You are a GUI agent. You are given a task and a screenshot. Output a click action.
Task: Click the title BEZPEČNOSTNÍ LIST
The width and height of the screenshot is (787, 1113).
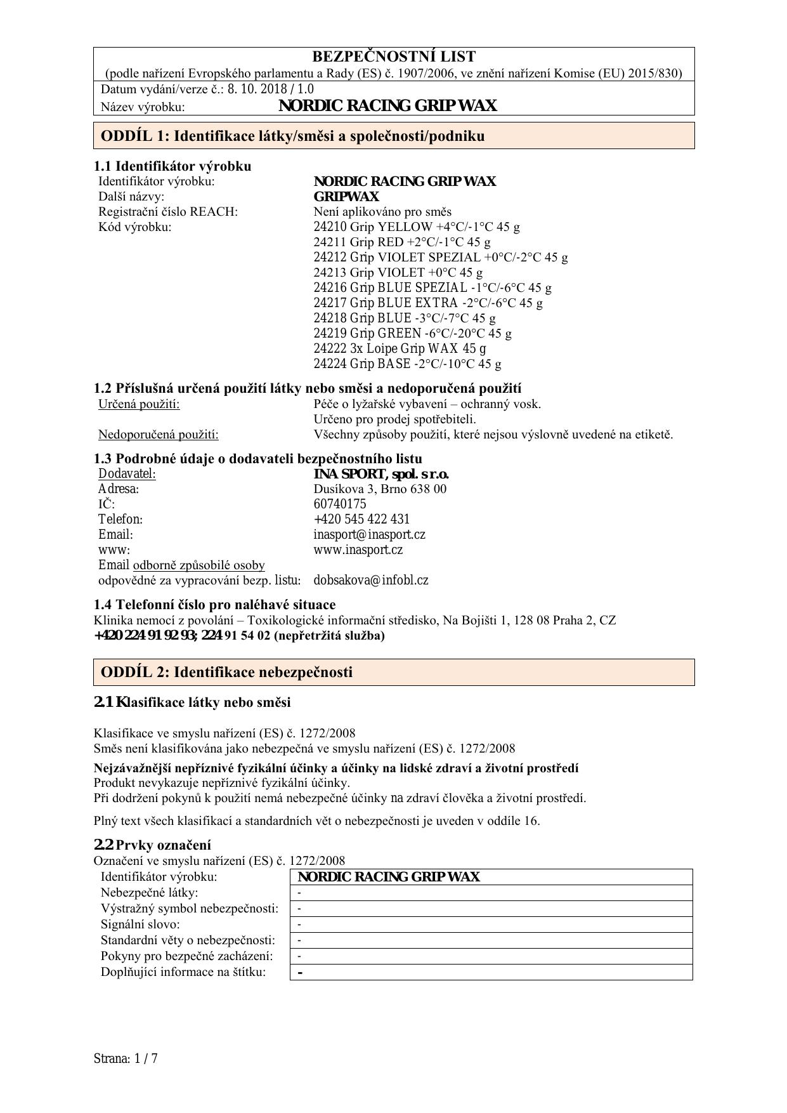tap(393, 56)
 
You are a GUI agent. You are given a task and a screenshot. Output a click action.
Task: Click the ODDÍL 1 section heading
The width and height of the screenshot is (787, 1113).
tap(292, 136)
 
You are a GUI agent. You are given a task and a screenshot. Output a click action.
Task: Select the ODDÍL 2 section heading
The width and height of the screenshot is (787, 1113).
tap(226, 672)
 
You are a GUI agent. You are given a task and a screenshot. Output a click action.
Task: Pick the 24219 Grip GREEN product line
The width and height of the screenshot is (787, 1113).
tap(412, 333)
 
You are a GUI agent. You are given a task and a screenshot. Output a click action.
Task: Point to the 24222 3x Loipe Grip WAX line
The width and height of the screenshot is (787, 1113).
tap(400, 348)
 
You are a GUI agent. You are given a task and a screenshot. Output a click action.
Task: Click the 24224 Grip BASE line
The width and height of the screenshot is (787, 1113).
tap(407, 364)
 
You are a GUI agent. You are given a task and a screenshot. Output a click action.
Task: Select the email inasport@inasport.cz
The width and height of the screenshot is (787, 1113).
tap(369, 534)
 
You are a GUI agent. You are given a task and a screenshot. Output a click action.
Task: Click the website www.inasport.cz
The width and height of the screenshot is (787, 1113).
tap(358, 550)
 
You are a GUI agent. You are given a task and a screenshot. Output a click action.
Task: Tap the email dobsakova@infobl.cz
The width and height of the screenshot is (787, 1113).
tap(370, 580)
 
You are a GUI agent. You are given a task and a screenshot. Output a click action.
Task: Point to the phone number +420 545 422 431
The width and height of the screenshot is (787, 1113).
tap(361, 519)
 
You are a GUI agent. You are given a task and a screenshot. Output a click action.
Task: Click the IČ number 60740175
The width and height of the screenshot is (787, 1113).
tap(339, 504)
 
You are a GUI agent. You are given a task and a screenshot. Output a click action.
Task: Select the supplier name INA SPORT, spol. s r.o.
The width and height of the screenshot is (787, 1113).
tap(381, 474)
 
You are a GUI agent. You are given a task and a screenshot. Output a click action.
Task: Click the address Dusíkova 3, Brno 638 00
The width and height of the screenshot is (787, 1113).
tap(380, 489)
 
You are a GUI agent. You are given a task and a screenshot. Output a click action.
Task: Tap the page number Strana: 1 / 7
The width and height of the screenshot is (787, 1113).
tap(126, 1058)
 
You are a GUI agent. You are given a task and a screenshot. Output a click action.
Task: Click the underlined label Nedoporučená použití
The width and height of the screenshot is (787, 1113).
tap(158, 435)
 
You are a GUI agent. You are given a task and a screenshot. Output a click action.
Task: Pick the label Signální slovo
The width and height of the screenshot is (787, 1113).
tap(140, 924)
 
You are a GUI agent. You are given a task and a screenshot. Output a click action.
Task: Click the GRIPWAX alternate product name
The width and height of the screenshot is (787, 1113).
tap(346, 196)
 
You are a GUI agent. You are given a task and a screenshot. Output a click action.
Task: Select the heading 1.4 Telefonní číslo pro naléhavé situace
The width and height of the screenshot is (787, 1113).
tap(214, 604)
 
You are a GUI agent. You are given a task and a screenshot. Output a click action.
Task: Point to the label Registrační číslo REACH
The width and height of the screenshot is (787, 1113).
tap(167, 211)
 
